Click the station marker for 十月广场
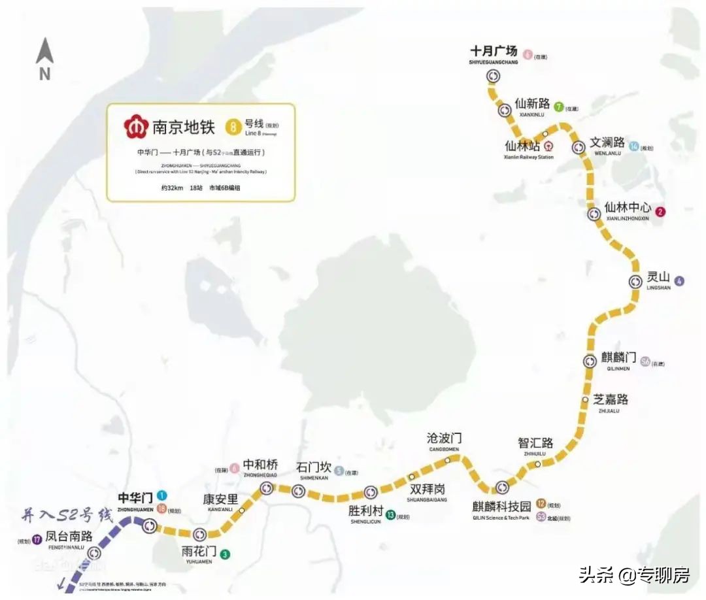point(493,76)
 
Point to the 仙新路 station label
point(532,104)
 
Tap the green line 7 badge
point(558,107)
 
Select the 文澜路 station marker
point(578,147)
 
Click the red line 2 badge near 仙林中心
point(661,211)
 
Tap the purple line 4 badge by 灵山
point(680,281)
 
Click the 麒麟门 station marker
point(590,361)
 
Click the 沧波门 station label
point(444,438)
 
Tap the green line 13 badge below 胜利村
point(390,514)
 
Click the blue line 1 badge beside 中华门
point(161,495)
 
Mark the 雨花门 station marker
point(200,535)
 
